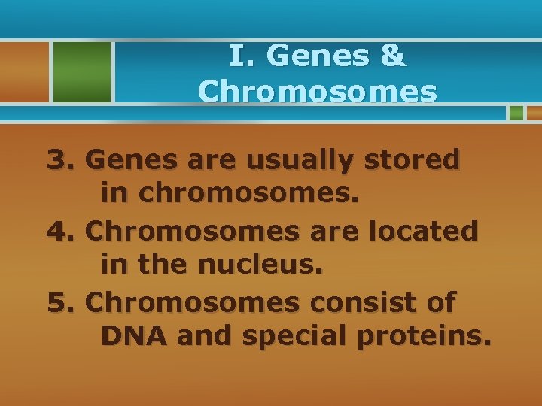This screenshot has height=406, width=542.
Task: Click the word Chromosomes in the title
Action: pos(317,92)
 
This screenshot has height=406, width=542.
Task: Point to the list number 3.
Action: pos(60,159)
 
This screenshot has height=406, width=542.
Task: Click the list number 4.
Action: pos(60,231)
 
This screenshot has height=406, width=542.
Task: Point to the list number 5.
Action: pos(60,302)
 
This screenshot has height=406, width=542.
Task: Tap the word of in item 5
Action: pos(440,302)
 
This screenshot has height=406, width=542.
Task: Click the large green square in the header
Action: pos(81,71)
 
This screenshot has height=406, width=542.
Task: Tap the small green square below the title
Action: pos(516,113)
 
